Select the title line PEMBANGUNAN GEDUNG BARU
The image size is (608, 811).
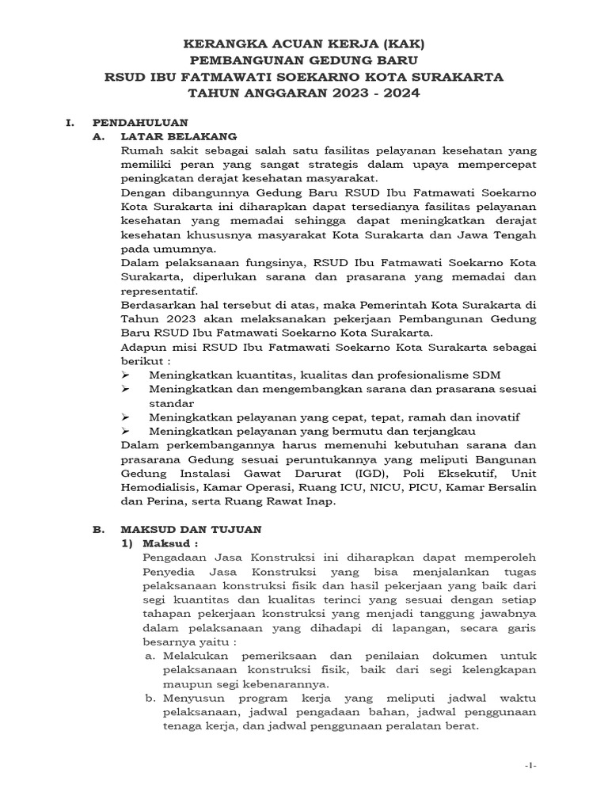click(x=303, y=60)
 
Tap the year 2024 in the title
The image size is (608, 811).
click(x=399, y=93)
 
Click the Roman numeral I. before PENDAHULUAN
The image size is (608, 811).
click(x=69, y=123)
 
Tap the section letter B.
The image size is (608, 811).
click(x=99, y=527)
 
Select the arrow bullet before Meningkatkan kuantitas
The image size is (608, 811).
click(x=127, y=374)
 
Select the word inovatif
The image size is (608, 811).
click(x=494, y=417)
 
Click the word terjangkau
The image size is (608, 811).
click(x=438, y=431)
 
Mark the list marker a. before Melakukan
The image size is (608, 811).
click(x=150, y=657)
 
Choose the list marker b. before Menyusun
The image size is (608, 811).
click(x=150, y=699)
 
